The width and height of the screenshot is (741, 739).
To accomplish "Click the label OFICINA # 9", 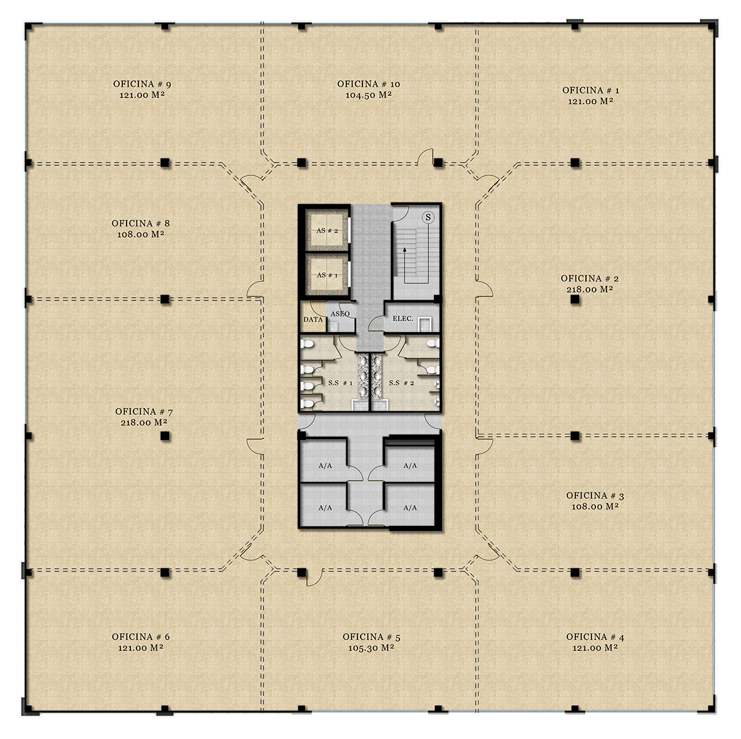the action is click(x=142, y=84).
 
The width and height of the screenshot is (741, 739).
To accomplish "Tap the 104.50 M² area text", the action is click(x=369, y=95).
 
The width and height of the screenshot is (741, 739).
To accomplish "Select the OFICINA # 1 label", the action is click(x=591, y=90).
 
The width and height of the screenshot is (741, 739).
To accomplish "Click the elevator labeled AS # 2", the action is click(x=327, y=231).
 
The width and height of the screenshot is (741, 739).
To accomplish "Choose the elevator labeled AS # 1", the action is click(x=327, y=275).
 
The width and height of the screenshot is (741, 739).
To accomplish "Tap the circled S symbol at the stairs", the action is click(x=427, y=217).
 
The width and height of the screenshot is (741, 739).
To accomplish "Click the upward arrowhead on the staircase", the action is click(x=404, y=250).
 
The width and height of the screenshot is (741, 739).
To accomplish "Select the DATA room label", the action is click(x=312, y=320).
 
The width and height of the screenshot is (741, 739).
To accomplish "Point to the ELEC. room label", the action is click(x=403, y=319).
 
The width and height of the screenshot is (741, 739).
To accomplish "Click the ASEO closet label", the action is click(x=340, y=314).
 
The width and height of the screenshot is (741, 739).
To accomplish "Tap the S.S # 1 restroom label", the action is click(x=340, y=383).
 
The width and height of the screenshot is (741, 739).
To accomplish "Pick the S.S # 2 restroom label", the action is click(x=401, y=383).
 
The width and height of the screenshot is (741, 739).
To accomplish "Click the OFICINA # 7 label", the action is click(x=144, y=411).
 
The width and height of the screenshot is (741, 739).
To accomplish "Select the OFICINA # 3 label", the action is click(x=595, y=496).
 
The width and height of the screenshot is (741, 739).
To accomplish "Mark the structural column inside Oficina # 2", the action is click(x=575, y=299).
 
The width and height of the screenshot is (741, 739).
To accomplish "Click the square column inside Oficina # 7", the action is click(x=165, y=436).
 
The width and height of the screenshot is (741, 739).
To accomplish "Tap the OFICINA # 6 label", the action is click(x=141, y=637).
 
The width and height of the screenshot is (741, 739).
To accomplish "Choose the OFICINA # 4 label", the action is click(x=595, y=637).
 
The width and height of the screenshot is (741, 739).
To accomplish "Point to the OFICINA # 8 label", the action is click(x=140, y=223).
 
